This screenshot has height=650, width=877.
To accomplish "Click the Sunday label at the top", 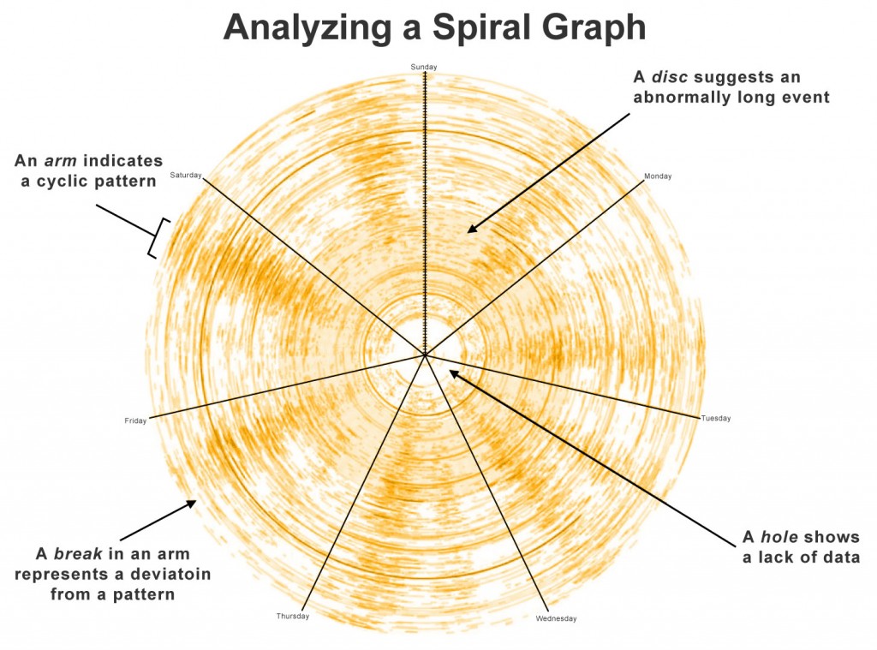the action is coord(424,67).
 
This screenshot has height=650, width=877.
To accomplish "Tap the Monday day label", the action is coord(658,176).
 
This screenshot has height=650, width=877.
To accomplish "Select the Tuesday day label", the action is coord(716,419).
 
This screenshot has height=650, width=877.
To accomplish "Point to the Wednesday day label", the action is coord(556,618).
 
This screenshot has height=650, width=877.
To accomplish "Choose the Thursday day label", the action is coord(293,617).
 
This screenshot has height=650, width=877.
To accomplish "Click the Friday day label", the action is coord(135,420).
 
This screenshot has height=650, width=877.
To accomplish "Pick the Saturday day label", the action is coord(186,175).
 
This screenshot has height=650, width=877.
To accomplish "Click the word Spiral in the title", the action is coord(478,27).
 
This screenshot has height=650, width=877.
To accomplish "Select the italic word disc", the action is coord(670,76).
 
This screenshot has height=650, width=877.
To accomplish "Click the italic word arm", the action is coord(61,161).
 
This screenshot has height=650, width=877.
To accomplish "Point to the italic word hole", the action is coord(779,537).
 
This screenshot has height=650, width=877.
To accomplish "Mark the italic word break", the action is coord(78,554).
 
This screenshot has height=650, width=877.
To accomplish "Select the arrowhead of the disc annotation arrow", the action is coord(472,228).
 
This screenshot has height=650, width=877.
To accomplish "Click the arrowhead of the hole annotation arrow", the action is coord(454,373).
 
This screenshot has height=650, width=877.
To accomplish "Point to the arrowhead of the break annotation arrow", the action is coord(191,504).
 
